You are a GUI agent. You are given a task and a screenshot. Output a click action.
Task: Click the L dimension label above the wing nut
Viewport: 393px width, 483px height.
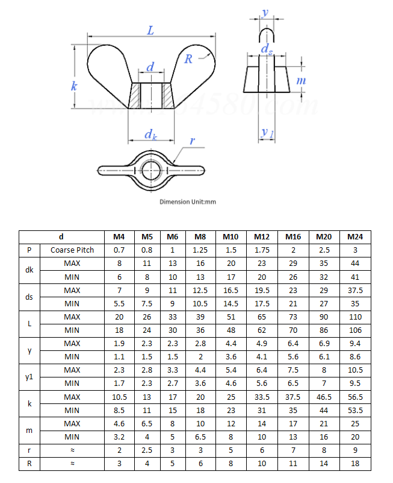click(x=150, y=30)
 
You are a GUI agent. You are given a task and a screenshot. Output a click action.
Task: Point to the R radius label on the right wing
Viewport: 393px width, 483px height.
click(x=188, y=58)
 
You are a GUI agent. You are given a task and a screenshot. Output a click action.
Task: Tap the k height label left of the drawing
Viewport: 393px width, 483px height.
click(x=74, y=86)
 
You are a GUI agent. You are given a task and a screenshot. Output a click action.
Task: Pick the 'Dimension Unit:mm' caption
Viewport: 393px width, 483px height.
click(x=188, y=201)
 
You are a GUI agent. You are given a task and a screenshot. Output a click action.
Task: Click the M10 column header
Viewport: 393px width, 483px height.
click(x=231, y=237)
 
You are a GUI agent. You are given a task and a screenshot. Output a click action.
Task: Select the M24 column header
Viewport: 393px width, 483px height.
click(x=355, y=237)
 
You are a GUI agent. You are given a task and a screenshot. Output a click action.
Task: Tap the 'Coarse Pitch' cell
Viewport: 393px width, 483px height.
click(x=72, y=250)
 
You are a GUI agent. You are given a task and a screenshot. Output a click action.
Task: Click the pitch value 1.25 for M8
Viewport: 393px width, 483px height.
click(x=200, y=250)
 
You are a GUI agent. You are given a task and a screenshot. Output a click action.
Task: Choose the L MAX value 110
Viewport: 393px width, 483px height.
click(x=355, y=317)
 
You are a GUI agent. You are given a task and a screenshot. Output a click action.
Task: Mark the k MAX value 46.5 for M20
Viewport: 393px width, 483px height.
click(x=324, y=397)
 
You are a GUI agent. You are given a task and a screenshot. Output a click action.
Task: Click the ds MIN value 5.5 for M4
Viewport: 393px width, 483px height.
click(x=119, y=303)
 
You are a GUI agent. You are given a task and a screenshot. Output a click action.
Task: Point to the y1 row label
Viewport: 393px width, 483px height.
click(x=29, y=376)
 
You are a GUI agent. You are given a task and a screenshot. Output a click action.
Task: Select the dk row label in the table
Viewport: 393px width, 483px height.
click(x=29, y=270)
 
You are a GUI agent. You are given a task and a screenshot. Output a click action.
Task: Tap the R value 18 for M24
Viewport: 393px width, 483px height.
click(x=355, y=464)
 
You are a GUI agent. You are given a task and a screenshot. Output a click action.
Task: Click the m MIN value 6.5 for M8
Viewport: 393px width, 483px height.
click(x=200, y=437)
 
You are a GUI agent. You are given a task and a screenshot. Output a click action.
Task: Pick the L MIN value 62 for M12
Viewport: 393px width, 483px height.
click(x=261, y=330)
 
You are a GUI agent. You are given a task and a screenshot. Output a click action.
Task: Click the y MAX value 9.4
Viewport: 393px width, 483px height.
click(x=355, y=343)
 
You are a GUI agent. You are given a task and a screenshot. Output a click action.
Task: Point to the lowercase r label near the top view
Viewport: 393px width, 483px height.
click(x=192, y=141)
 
